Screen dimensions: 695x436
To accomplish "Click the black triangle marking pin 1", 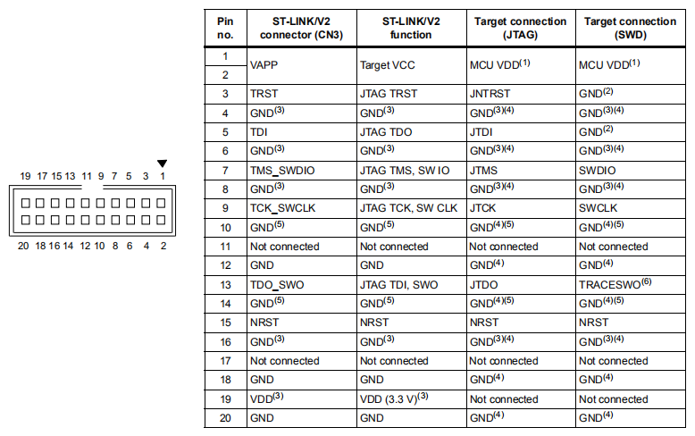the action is [x=163, y=163].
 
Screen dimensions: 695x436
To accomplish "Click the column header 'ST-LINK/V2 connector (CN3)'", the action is [x=301, y=28].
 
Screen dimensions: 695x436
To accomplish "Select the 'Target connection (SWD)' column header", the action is [x=631, y=28].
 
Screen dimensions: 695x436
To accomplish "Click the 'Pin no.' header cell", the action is [x=225, y=28].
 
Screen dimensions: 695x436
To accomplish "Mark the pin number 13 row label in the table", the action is [x=226, y=285].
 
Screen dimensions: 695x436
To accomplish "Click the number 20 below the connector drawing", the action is [x=23, y=246].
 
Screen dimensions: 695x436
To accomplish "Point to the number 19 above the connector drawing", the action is [x=25, y=176].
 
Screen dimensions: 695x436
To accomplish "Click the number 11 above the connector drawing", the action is [x=87, y=176].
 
